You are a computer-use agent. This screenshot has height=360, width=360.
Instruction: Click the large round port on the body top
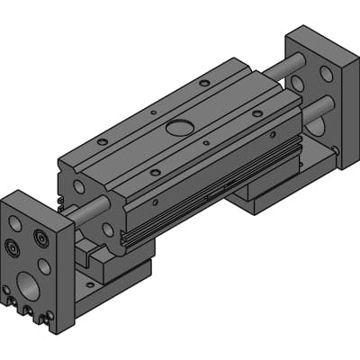coord(179,127)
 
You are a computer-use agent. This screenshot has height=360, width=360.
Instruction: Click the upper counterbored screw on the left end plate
coord(40,238)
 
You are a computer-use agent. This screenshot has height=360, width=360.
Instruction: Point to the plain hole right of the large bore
coord(44,266)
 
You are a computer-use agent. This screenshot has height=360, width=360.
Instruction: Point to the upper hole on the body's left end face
coord(76,186)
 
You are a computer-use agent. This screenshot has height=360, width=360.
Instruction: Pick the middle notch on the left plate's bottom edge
coord(27,312)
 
